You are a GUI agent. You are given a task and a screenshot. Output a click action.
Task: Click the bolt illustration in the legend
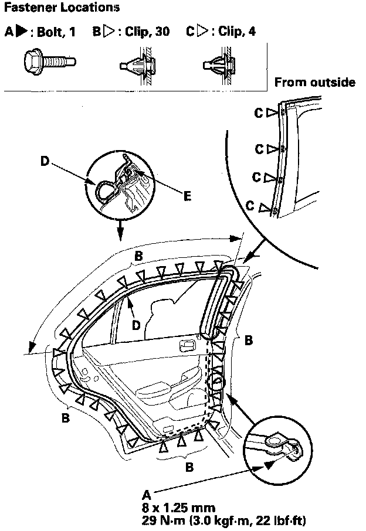tap(48, 60)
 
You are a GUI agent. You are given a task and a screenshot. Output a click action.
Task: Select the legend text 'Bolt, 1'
tap(56, 31)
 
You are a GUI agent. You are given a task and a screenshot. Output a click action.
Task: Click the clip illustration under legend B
tap(139, 60)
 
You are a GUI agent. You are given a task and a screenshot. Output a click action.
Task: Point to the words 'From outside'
tap(315, 82)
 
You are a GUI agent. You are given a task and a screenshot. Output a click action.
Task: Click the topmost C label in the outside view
tap(259, 113)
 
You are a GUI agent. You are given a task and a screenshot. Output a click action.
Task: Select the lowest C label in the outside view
tap(250, 206)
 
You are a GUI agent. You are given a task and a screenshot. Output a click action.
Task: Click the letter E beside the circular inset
tap(187, 197)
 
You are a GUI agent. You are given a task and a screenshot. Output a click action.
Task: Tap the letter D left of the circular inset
tap(45, 159)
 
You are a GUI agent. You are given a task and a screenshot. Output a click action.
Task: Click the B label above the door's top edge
tap(139, 256)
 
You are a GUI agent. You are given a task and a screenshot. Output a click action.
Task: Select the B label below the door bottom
tap(189, 468)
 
